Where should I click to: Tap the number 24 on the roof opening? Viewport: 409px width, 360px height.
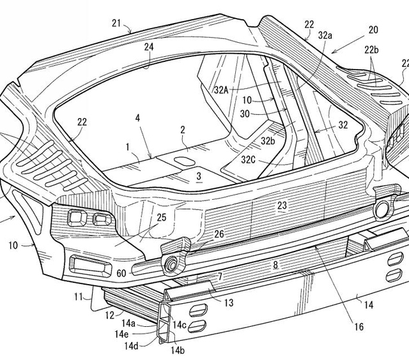(148, 47)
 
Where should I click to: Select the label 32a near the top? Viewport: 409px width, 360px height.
(325, 36)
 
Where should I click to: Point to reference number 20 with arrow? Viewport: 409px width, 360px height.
(373, 29)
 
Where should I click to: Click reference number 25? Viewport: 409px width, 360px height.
(162, 218)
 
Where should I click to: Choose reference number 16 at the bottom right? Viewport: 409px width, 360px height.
(359, 326)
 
